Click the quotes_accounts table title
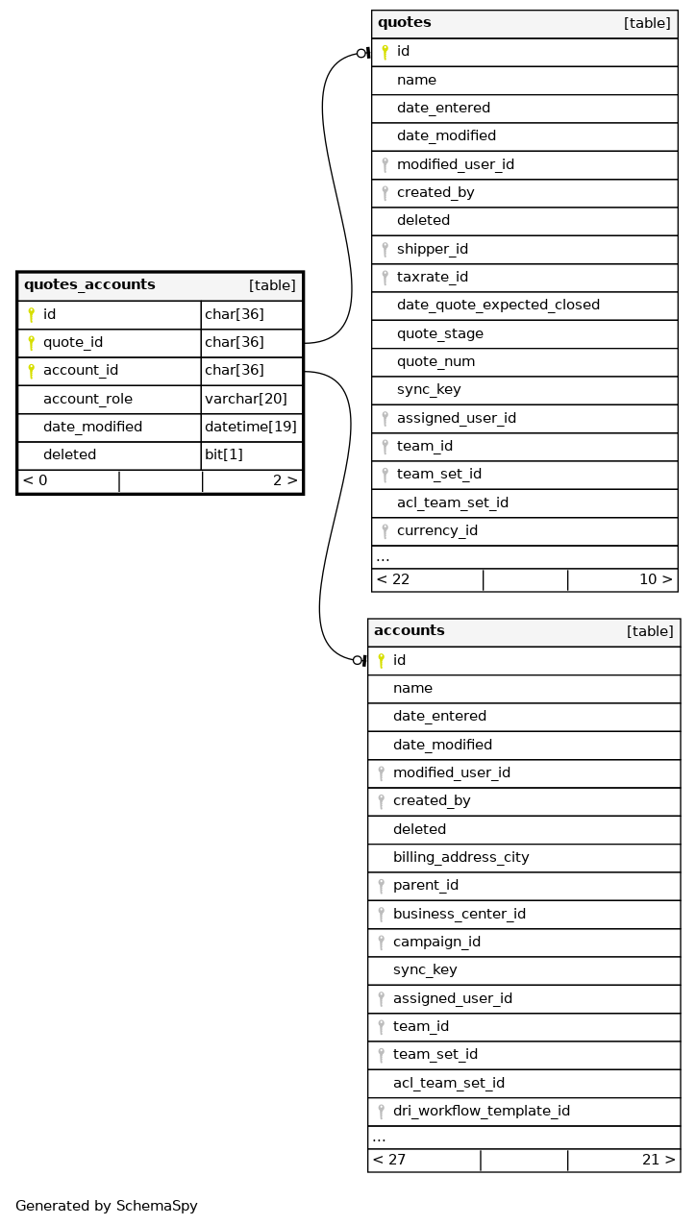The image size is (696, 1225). (89, 285)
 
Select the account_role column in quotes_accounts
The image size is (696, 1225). (87, 399)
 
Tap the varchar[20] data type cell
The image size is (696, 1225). (246, 399)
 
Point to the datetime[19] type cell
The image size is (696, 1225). (251, 427)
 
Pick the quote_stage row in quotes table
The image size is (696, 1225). (439, 333)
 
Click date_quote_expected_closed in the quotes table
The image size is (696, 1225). (498, 305)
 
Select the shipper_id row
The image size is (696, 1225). (432, 249)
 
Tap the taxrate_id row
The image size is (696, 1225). (433, 277)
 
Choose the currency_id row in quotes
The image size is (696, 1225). (436, 530)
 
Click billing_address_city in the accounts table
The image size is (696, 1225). (460, 857)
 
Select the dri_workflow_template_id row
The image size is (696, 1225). (481, 1111)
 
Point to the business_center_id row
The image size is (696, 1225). (459, 914)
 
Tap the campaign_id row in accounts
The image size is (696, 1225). (436, 942)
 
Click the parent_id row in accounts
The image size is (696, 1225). (425, 885)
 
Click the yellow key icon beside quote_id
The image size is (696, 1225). (31, 343)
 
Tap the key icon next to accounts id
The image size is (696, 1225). (381, 660)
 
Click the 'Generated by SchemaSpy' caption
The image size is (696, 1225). (107, 1206)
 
